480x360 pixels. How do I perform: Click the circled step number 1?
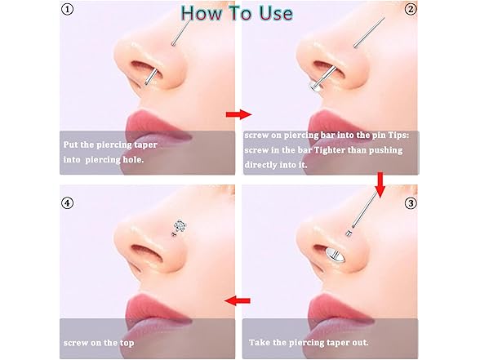point(67,10)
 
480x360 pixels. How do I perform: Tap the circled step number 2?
point(411,9)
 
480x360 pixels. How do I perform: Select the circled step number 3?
point(411,203)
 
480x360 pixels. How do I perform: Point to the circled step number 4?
point(67,203)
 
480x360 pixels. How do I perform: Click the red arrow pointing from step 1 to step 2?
point(238,114)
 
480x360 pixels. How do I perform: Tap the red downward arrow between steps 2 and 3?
point(380,184)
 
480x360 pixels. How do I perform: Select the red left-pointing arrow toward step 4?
point(238,300)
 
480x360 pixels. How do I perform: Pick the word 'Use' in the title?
point(276,13)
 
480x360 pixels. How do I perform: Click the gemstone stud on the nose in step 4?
point(179,226)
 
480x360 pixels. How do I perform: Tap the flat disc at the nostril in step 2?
point(315,87)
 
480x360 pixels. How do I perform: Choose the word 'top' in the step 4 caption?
point(127,343)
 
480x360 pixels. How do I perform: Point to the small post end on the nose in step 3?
point(348,233)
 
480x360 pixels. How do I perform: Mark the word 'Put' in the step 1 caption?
point(71,144)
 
